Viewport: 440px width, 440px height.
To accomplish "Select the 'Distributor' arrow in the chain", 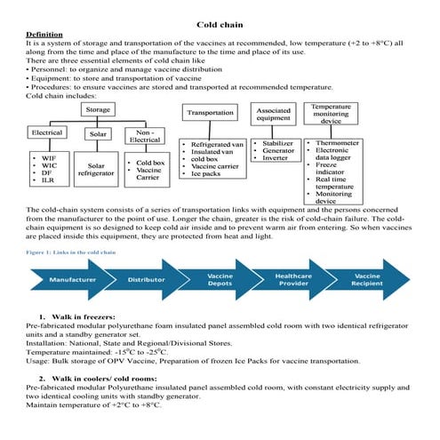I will coord(146,279).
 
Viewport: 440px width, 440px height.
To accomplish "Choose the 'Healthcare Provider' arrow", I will coord(293,279).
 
